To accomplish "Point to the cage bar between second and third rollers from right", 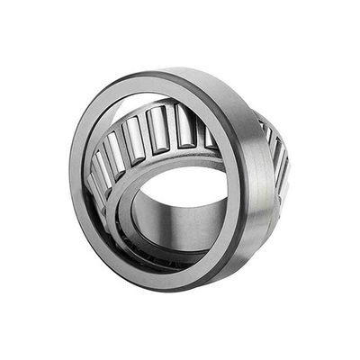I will pos(174,128).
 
